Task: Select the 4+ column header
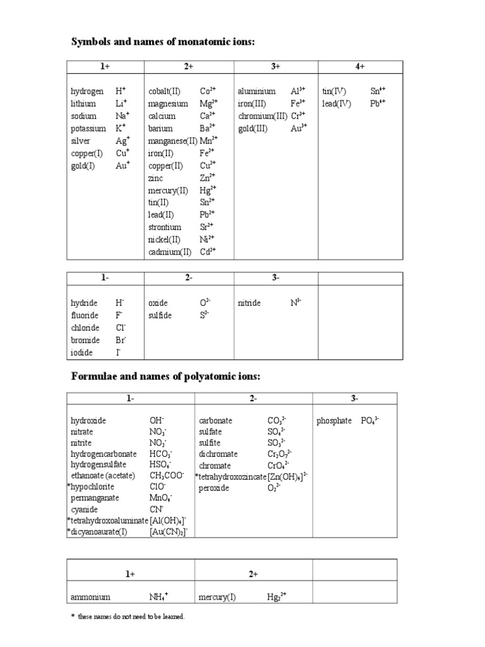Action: pos(360,67)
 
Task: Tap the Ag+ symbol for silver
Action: pos(123,141)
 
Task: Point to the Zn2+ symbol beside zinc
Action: pos(208,178)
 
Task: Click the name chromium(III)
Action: pos(263,116)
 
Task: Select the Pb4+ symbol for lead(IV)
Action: pos(378,104)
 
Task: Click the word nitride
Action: pos(249,303)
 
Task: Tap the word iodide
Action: pos(81,353)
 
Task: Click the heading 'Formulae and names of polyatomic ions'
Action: pos(165,377)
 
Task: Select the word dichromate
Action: pos(218,454)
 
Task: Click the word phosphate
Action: pos(334,420)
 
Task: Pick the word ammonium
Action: pos(91,596)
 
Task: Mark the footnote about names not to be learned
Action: pos(128,617)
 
